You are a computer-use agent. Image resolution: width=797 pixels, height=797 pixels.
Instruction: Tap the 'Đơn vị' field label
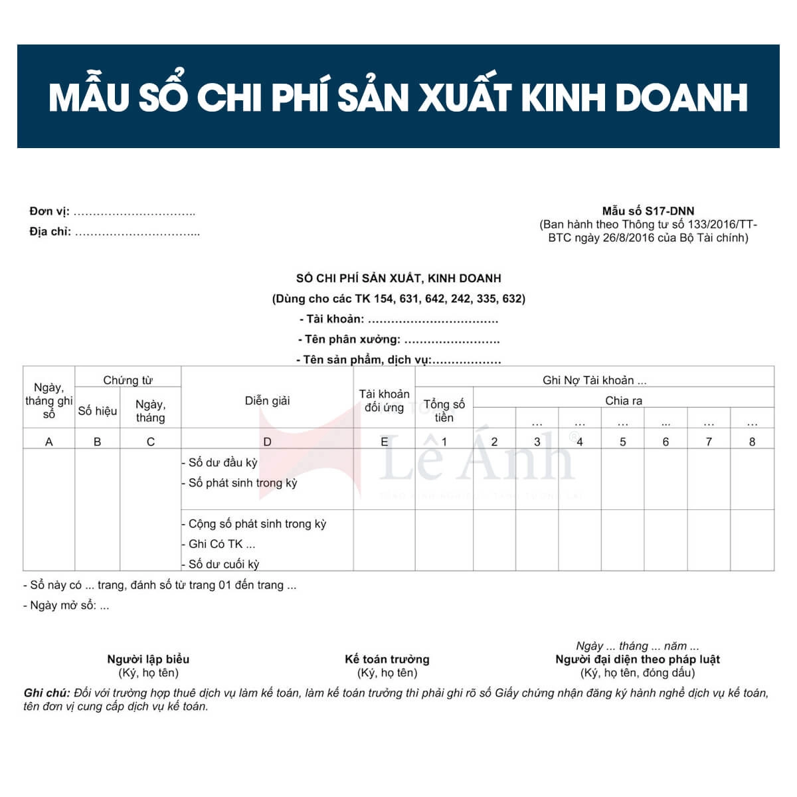pyautogui.click(x=49, y=212)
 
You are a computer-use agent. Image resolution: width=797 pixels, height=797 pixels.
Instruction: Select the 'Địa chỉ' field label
pyautogui.click(x=50, y=232)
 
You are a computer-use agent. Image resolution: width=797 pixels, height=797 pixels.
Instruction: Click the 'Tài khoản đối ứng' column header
pyautogui.click(x=384, y=400)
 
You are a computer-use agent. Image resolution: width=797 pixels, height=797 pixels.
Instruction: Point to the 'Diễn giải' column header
pyautogui.click(x=267, y=400)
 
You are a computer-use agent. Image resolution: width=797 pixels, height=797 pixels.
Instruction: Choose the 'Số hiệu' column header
pyautogui.click(x=97, y=411)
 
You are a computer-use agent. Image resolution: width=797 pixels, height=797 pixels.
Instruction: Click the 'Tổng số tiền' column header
pyautogui.click(x=444, y=410)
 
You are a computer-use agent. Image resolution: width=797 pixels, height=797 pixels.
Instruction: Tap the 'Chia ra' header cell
pyautogui.click(x=623, y=400)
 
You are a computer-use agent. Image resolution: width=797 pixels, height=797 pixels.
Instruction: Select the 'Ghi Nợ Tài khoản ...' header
pyautogui.click(x=594, y=380)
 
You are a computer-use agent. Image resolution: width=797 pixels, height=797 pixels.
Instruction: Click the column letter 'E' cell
pyautogui.click(x=384, y=442)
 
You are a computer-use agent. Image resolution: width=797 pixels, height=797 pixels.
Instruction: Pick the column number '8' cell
pyautogui.click(x=752, y=442)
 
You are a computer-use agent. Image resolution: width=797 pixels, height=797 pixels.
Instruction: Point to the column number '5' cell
pyautogui.click(x=622, y=442)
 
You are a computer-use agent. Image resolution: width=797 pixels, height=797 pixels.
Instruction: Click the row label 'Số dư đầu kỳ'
pyautogui.click(x=222, y=463)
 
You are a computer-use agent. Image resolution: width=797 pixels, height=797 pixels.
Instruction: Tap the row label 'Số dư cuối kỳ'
pyautogui.click(x=224, y=564)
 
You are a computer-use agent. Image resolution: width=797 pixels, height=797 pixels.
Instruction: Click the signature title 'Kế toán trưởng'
pyautogui.click(x=387, y=659)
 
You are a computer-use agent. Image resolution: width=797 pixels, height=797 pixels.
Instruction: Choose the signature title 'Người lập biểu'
pyautogui.click(x=148, y=659)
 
